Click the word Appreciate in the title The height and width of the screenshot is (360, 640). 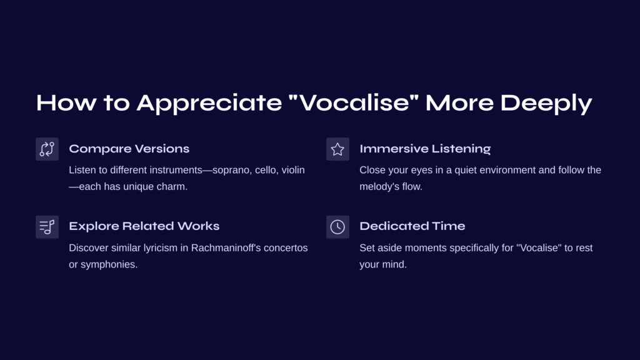(209, 103)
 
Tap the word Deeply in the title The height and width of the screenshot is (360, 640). (546, 103)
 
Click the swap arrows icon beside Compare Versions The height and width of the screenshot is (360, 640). (47, 149)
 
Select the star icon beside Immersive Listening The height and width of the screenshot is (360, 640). (337, 149)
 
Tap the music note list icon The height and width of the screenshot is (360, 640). (47, 227)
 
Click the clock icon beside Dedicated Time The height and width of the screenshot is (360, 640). (337, 227)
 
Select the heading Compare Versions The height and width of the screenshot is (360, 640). (129, 149)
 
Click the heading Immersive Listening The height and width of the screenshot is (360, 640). (425, 149)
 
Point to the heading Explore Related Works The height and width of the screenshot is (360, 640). (144, 226)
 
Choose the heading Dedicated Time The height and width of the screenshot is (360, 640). (412, 226)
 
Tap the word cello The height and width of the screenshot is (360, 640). (266, 170)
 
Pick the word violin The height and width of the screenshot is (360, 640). (293, 170)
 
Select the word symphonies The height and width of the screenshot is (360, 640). (109, 264)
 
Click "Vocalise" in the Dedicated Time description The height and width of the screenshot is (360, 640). (539, 247)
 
